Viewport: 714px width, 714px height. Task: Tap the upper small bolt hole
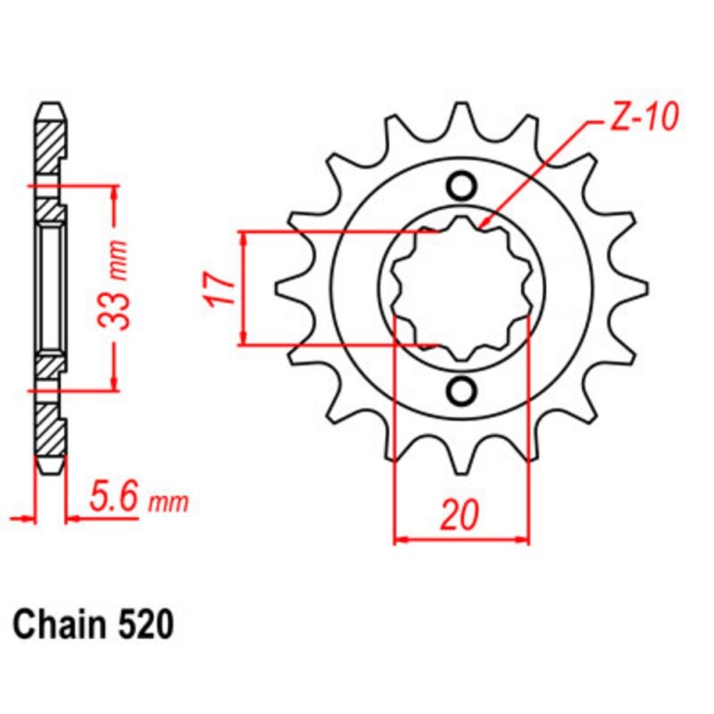(461, 186)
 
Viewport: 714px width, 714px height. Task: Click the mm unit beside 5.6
(167, 503)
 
